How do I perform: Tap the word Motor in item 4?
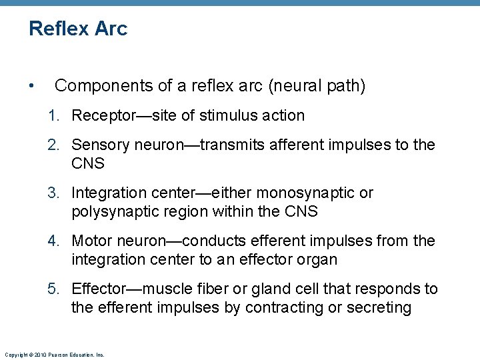(x=91, y=241)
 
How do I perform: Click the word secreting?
(x=380, y=307)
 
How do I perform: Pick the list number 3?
(x=53, y=193)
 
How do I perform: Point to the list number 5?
(x=53, y=289)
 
